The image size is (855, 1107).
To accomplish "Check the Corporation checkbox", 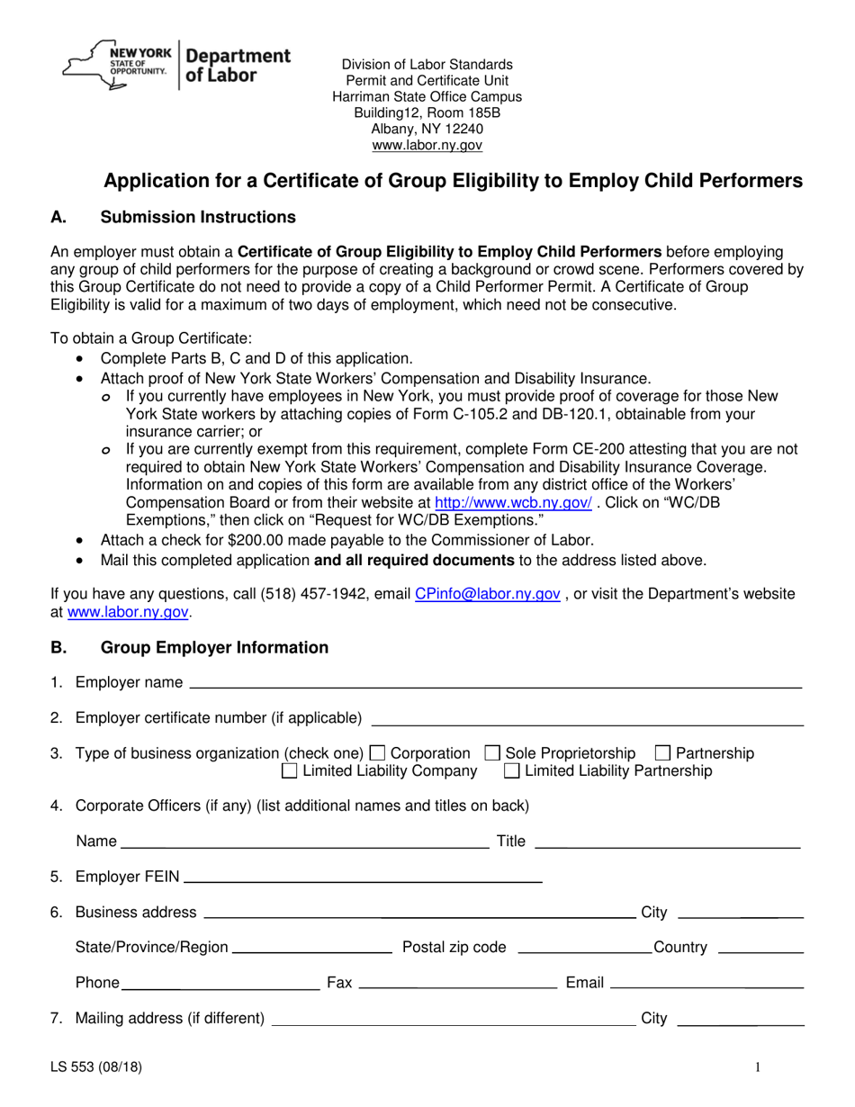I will [378, 753].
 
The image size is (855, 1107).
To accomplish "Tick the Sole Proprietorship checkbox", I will [492, 753].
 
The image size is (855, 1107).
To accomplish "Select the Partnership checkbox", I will [662, 753].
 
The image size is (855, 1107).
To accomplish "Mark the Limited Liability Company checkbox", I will [290, 771].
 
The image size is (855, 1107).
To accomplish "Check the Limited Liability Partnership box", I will [511, 771].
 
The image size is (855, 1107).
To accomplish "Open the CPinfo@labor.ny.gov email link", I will [488, 594].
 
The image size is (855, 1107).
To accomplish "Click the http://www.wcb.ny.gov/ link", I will [513, 504].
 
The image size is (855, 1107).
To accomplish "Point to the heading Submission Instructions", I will [197, 217].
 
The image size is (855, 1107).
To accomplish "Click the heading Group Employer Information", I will [214, 647].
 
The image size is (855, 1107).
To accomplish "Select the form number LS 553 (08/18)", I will [95, 1068].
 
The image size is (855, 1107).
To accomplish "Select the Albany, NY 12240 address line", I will [427, 129].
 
